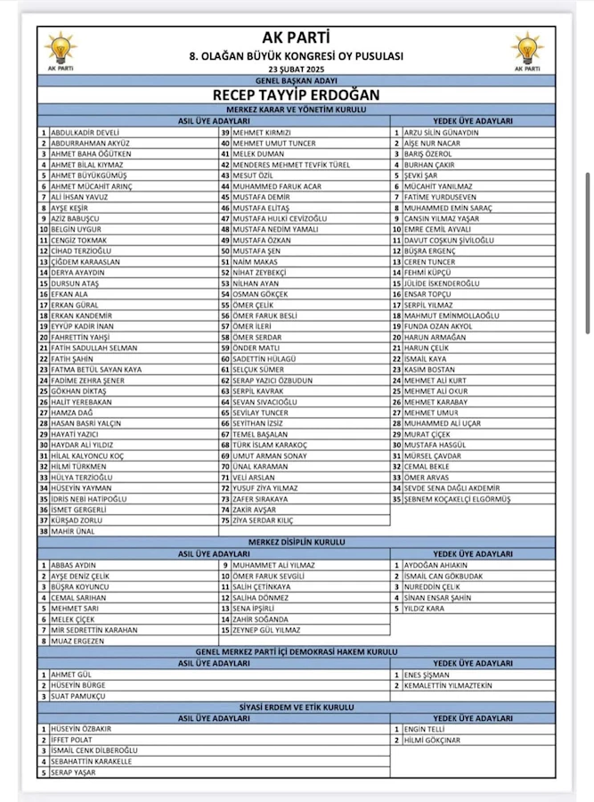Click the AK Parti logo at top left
(x=60, y=50)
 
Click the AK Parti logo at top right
(x=526, y=50)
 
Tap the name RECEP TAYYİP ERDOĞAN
(x=297, y=94)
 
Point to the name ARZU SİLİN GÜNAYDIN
(x=441, y=133)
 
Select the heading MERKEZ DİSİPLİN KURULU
(x=297, y=543)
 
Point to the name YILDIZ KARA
(x=424, y=609)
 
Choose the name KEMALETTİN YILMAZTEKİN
(x=448, y=685)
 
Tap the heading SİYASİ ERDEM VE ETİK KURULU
(x=297, y=708)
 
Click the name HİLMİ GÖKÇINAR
(x=432, y=741)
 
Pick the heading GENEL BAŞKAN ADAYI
(x=297, y=79)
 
